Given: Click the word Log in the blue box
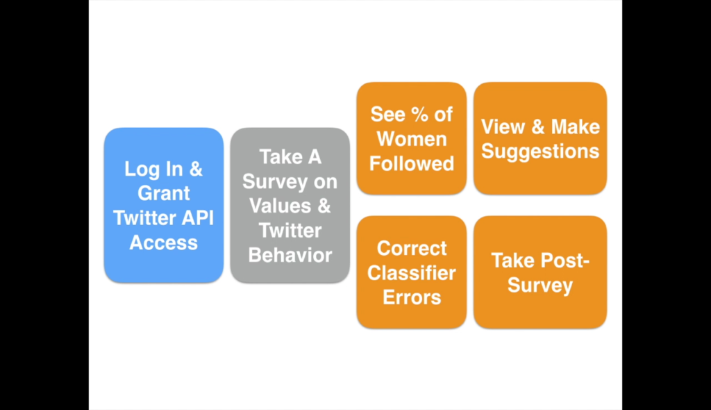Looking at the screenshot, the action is click(140, 170).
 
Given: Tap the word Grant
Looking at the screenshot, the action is click(164, 193).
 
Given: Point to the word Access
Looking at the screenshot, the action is click(164, 243).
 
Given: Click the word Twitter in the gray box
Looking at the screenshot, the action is click(290, 231).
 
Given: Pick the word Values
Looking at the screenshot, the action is click(281, 206).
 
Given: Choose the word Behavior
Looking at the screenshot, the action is click(290, 255).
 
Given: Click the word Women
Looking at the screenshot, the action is click(412, 139).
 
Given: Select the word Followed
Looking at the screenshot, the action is click(412, 163).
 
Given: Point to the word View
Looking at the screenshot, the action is click(503, 126).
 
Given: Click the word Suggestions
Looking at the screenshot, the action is click(540, 151).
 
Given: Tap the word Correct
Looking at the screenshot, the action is click(412, 248).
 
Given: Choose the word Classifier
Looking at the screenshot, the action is click(412, 273).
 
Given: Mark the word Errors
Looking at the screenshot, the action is click(412, 297).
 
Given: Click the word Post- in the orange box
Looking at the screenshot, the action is click(564, 261).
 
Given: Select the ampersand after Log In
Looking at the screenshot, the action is click(195, 169).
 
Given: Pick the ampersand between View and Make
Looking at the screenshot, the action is click(538, 126).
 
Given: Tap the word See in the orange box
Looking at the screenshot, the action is click(387, 115).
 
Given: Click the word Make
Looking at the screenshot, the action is click(576, 126).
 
